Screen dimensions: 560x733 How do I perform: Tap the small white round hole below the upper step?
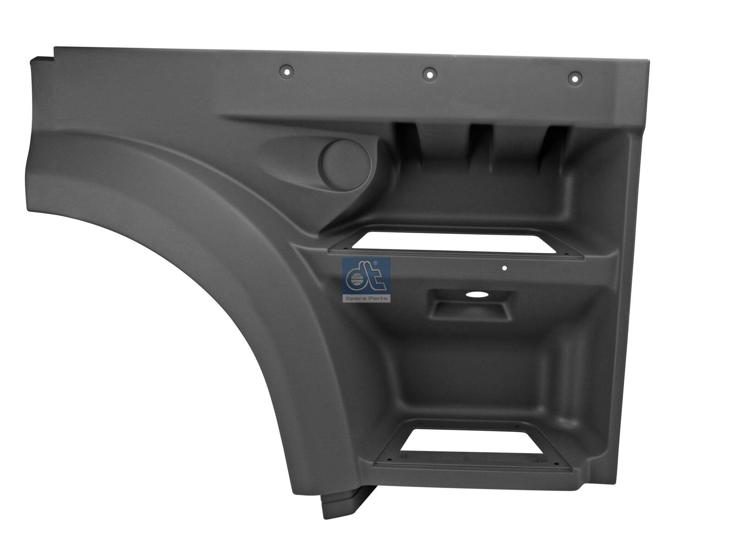pyautogui.click(x=504, y=269)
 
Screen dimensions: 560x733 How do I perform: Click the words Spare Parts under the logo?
pyautogui.click(x=366, y=298)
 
